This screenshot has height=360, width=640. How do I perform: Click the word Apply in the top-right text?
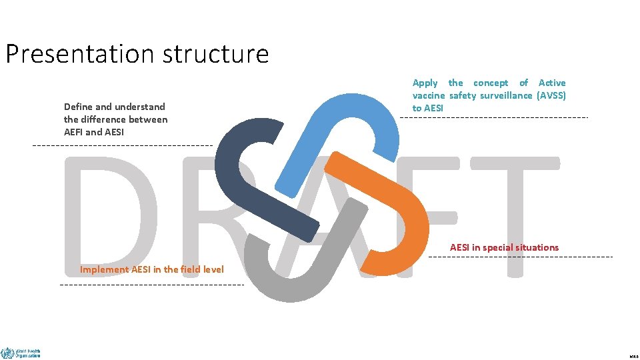click(425, 83)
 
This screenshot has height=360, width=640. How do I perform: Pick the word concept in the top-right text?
click(491, 83)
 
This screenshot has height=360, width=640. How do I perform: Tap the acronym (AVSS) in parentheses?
click(551, 95)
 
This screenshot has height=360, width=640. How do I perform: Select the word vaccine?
click(428, 95)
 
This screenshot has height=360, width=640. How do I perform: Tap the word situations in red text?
click(537, 248)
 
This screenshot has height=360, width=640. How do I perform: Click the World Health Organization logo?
click(20, 352)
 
